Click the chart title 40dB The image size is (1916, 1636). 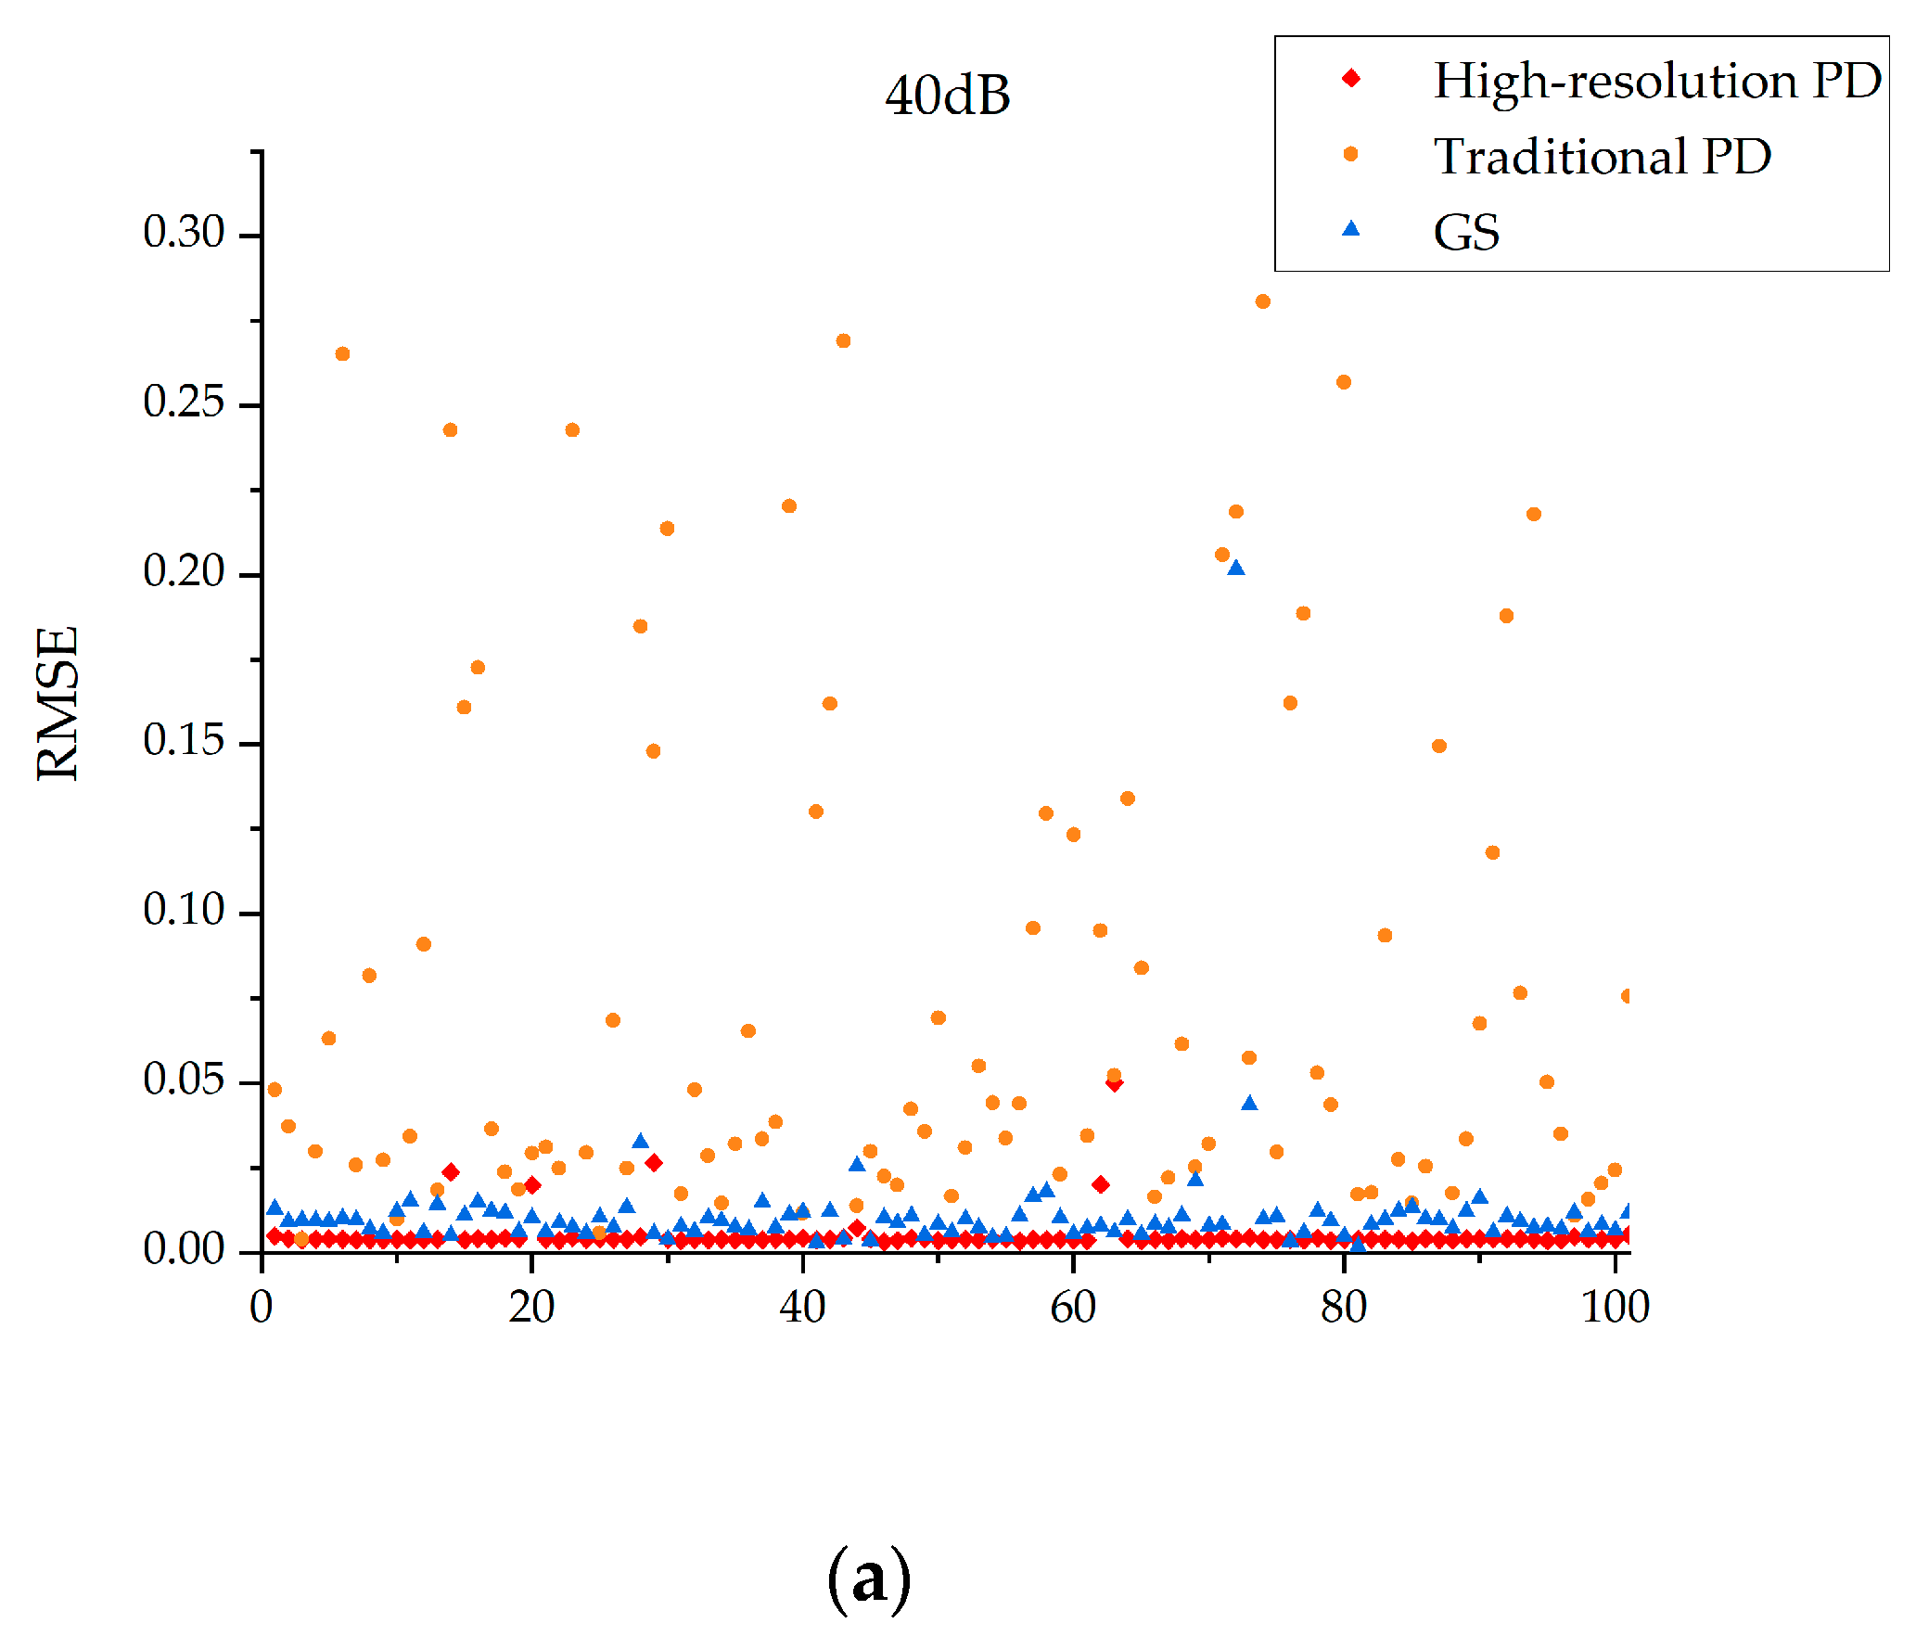coord(947,96)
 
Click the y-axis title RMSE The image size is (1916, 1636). coord(57,703)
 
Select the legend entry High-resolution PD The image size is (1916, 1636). coord(1656,80)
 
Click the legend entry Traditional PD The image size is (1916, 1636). coord(1602,156)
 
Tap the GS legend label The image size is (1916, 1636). coord(1466,232)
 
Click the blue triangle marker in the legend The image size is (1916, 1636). coord(1351,229)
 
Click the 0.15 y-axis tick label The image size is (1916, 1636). coord(184,740)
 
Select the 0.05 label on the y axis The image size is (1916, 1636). coord(184,1080)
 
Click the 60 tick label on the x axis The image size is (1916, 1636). coord(1073,1308)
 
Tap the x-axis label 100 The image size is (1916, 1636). coord(1615,1308)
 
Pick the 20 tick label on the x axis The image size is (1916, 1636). coord(531,1308)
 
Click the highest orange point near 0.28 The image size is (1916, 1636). coord(1262,301)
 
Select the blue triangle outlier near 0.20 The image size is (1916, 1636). coord(1235,568)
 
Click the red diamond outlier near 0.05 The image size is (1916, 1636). coord(1115,1083)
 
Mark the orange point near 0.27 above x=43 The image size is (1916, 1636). coord(843,341)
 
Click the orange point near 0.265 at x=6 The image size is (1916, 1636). coord(342,354)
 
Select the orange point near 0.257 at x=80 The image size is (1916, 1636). coord(1344,382)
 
